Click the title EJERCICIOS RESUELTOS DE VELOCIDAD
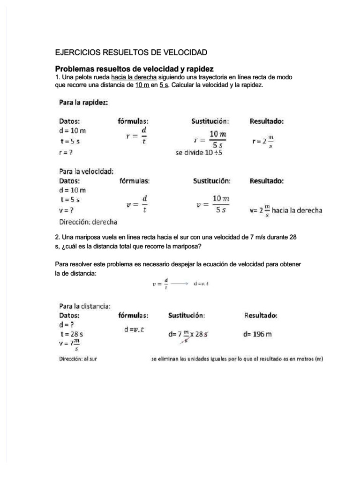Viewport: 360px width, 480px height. click(131, 52)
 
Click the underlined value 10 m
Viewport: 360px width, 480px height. click(142, 85)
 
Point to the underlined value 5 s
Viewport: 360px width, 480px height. click(163, 85)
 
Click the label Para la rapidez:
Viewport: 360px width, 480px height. click(84, 102)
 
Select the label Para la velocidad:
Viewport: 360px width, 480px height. click(86, 171)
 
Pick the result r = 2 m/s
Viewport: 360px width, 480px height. click(263, 141)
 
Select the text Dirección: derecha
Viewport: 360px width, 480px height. click(88, 221)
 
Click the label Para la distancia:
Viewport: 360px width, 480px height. click(85, 306)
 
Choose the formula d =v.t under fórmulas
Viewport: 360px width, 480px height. click(134, 329)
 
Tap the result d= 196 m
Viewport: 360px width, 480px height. click(257, 334)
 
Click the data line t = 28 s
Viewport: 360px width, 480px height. click(72, 334)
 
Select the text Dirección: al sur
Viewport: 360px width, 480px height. click(77, 360)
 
